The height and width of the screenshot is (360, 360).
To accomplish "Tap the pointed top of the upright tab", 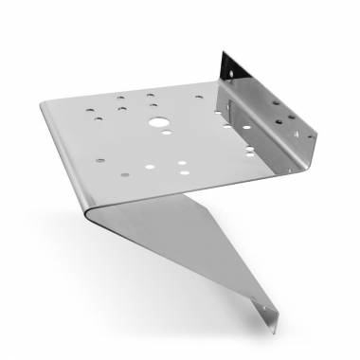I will (x=225, y=52).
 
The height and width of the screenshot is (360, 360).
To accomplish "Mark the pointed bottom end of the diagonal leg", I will (x=276, y=333).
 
